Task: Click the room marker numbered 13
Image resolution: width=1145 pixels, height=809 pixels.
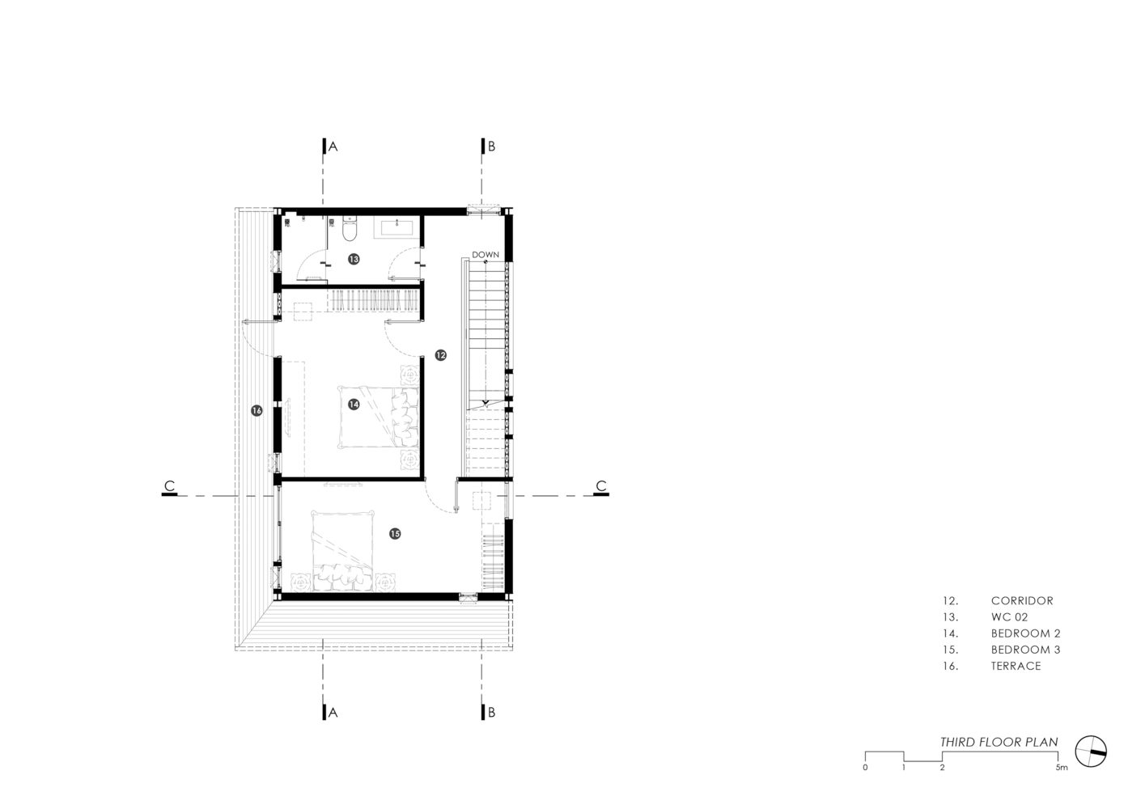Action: pos(354,259)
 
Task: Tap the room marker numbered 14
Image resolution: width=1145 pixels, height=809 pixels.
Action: pos(354,404)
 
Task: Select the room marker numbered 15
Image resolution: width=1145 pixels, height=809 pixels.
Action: pos(395,534)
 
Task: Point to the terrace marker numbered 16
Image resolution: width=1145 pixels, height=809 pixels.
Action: pos(257,410)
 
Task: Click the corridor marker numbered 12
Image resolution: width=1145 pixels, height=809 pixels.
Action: pos(441,354)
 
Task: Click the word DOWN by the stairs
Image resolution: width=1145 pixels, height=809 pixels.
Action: pos(485,255)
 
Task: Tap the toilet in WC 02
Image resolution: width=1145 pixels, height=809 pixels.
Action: pos(350,230)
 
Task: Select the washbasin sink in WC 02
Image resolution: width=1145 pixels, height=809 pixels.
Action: pos(397,226)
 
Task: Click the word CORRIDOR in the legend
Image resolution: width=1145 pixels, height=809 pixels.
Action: pos(1022,600)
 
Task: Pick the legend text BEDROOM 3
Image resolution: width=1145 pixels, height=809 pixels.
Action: pos(1025,650)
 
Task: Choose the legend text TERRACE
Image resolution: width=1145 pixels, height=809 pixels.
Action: pos(1016,666)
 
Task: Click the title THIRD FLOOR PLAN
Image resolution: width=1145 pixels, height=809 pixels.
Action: pos(999,742)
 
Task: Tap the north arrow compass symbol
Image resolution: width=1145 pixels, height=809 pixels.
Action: pos(1091,752)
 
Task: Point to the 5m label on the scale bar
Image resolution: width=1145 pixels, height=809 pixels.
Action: pos(1062,768)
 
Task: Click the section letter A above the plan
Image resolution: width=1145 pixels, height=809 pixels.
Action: pos(333,146)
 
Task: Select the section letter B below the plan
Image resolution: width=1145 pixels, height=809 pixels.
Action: pos(491,713)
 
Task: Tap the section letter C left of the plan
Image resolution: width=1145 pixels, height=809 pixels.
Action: pos(169,485)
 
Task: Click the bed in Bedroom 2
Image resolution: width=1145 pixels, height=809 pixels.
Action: pos(378,417)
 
